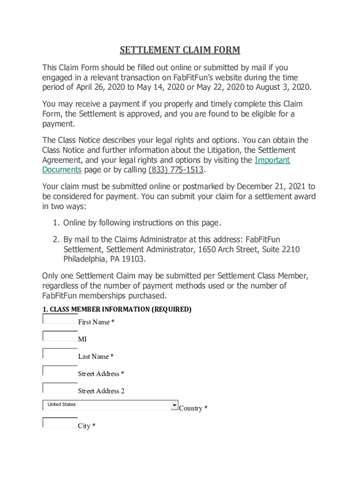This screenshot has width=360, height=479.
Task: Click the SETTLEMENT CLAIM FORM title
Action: tap(180, 51)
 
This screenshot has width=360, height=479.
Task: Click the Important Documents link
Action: tap(272, 160)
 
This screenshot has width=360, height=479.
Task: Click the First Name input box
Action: tap(60, 319)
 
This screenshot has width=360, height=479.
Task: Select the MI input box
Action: tap(60, 336)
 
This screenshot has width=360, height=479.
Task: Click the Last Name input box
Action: tap(60, 354)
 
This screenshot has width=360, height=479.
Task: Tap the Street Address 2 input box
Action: tap(60, 388)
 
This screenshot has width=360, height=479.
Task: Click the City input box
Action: tap(60, 423)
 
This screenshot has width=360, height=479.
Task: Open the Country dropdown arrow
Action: tap(174, 405)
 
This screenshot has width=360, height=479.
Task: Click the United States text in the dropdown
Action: tap(62, 405)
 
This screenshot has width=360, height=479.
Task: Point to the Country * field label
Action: tap(193, 408)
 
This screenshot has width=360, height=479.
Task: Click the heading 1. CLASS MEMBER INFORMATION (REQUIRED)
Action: tap(117, 310)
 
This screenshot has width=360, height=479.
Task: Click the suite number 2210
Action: tap(290, 249)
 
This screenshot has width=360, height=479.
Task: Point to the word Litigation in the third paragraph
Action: tap(232, 150)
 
